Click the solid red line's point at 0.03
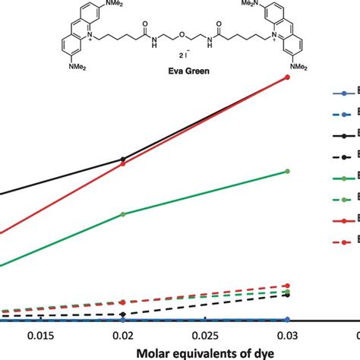[287, 77]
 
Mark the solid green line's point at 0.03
[287, 171]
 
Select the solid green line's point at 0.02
[122, 214]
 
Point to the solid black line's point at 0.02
[122, 159]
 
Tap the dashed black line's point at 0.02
[122, 314]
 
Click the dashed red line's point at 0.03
[287, 286]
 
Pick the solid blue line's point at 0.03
[287, 320]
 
